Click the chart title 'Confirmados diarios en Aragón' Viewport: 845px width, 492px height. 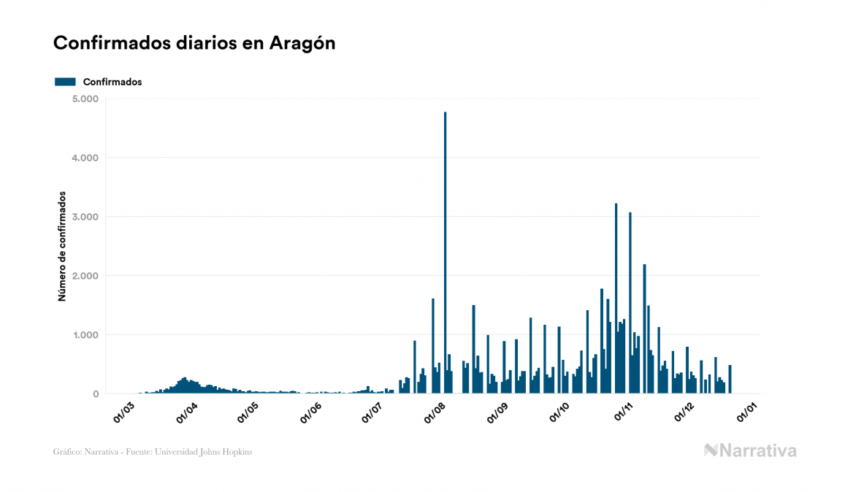click(194, 43)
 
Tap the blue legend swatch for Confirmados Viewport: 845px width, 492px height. click(65, 82)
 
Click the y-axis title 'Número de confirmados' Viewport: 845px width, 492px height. click(63, 247)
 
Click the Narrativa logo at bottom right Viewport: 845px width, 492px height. click(750, 450)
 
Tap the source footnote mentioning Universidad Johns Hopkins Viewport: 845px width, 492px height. click(153, 452)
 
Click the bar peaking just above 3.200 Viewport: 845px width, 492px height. click(616, 299)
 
